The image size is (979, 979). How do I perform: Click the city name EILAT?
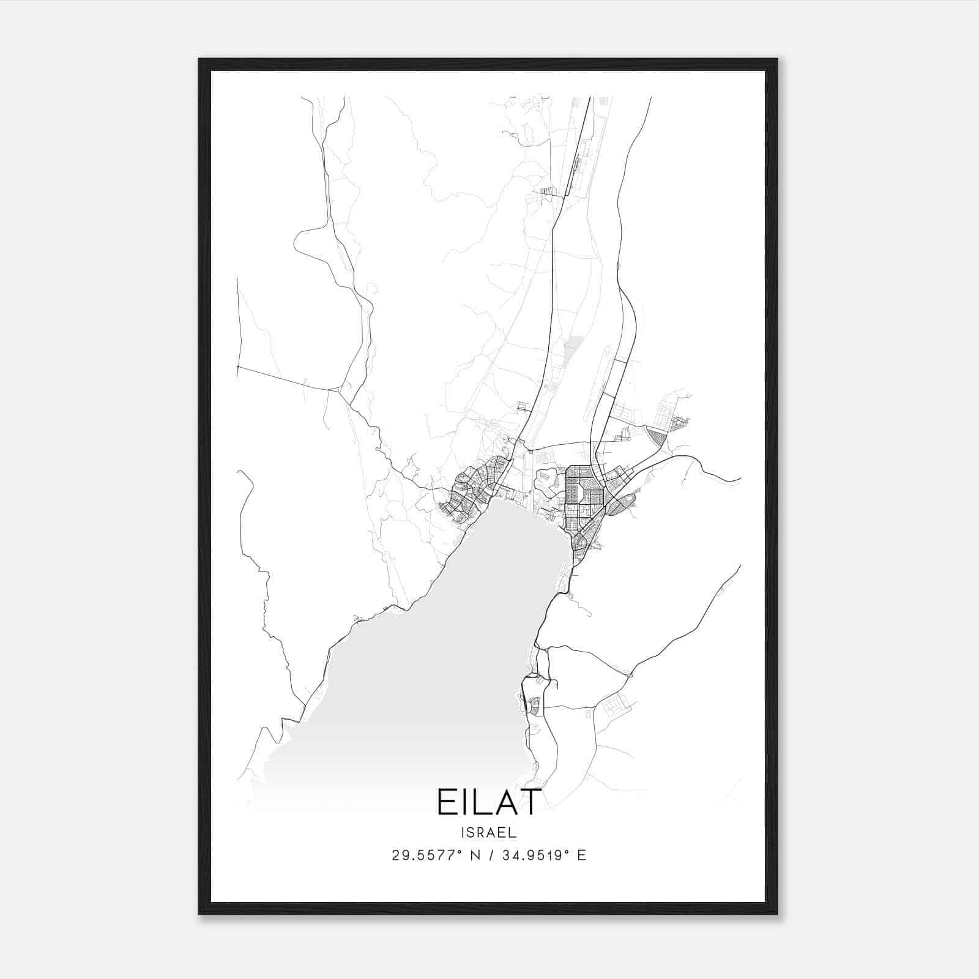489,802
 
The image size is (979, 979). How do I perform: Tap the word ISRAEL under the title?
489,833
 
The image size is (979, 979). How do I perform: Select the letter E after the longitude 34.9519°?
581,855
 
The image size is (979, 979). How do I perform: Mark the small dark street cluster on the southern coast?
534,706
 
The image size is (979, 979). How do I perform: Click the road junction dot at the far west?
237,367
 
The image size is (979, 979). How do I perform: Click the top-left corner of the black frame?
199,59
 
